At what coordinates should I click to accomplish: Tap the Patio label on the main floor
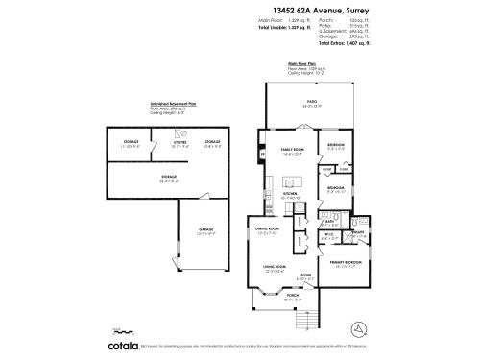coord(311,101)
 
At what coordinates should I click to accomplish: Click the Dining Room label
coord(266,228)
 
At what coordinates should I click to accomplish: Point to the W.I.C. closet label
coord(328,235)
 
